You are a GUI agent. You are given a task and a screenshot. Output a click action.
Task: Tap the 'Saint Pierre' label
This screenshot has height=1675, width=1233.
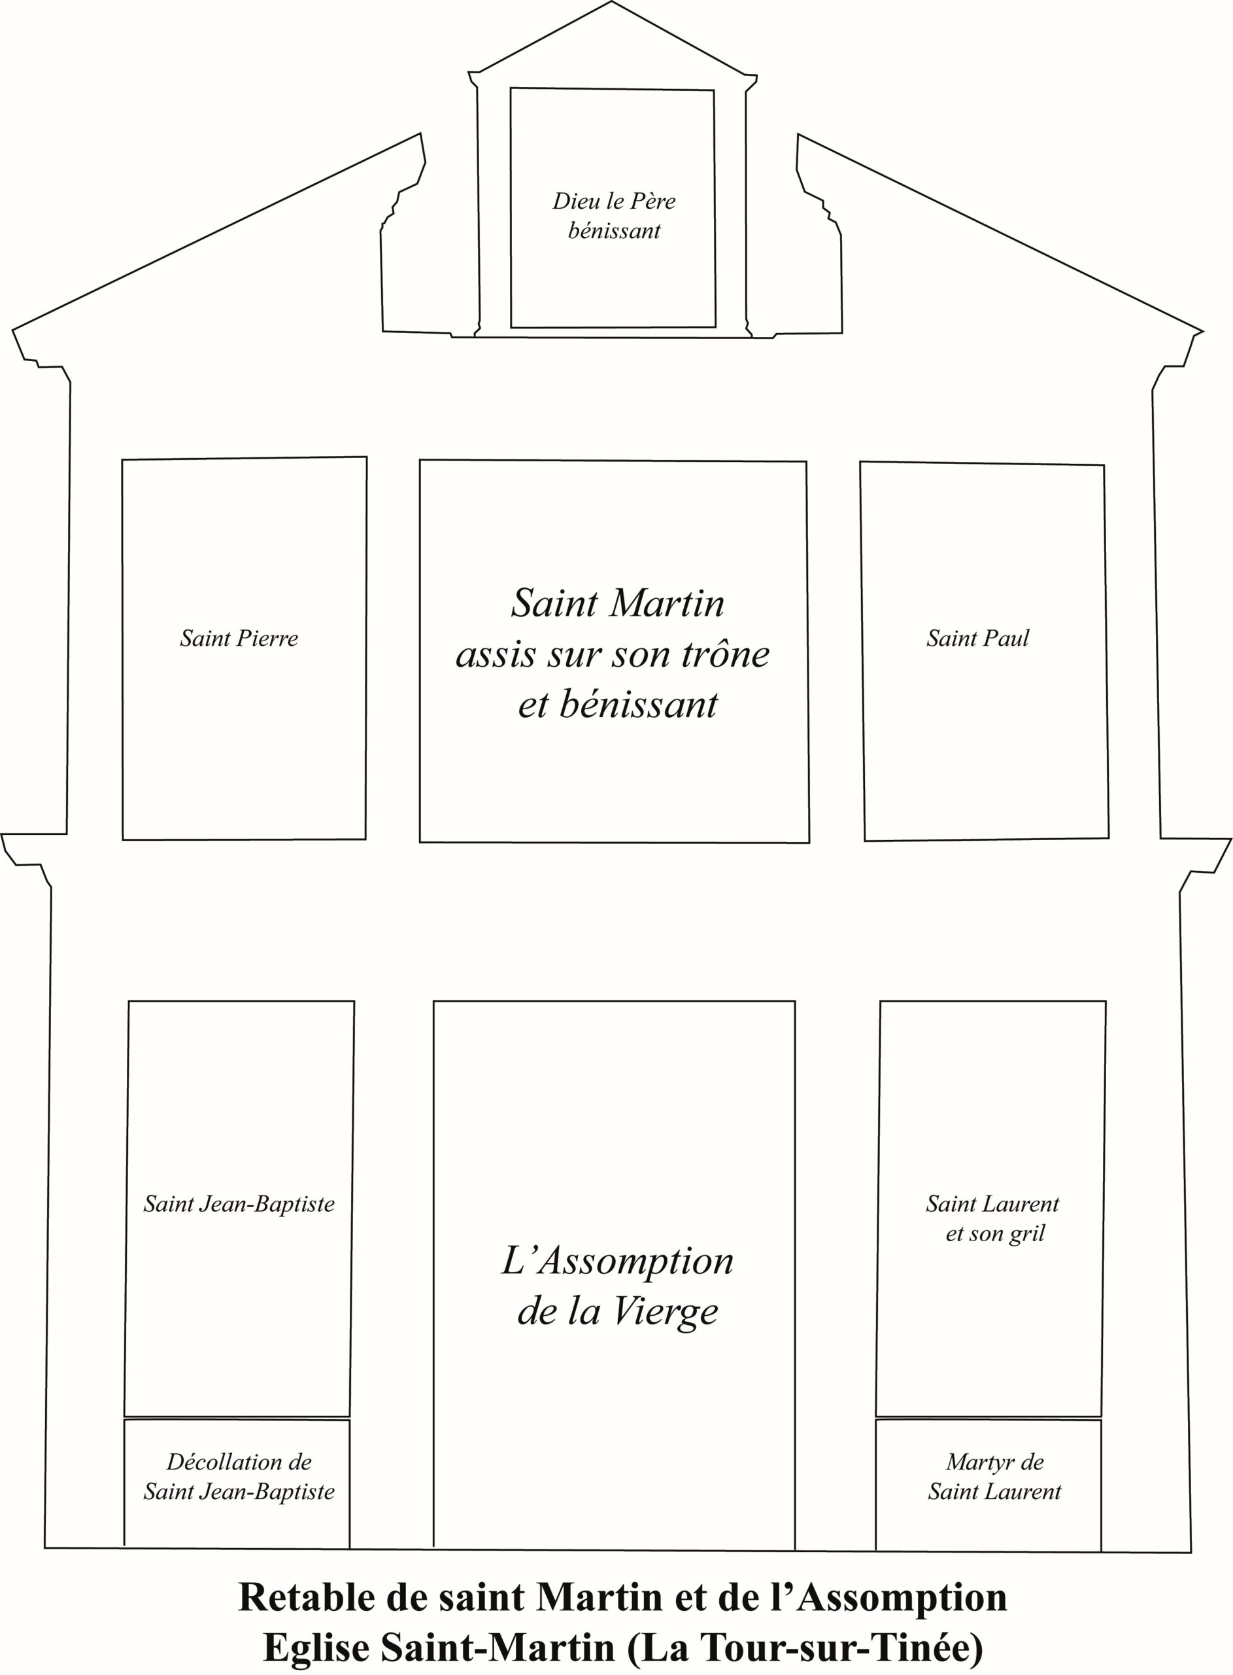pyautogui.click(x=239, y=639)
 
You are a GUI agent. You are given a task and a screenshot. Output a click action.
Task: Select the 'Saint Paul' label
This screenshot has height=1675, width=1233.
pyautogui.click(x=978, y=639)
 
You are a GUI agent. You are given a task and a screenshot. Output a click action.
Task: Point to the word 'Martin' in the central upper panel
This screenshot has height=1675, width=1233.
pyautogui.click(x=669, y=603)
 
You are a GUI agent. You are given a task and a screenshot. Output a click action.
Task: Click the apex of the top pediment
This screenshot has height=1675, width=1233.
pyautogui.click(x=612, y=1)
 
